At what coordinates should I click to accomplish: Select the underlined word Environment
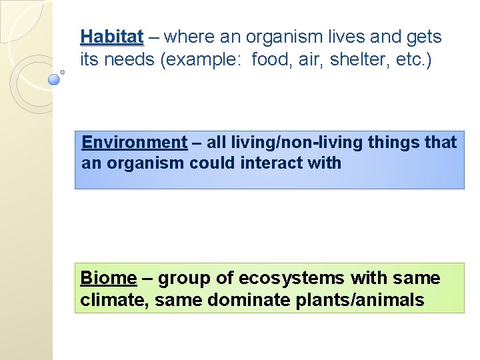[x=134, y=142]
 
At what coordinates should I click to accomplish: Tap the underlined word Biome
[x=108, y=278]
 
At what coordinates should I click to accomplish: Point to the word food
[x=272, y=61]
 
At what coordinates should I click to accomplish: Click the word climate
[x=114, y=301]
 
